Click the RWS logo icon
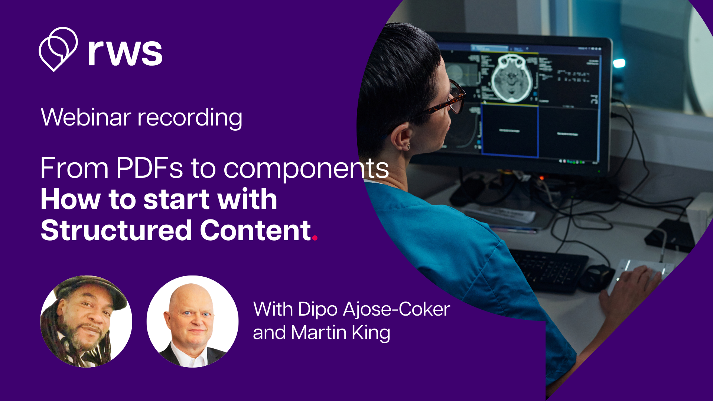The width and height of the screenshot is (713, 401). [58, 49]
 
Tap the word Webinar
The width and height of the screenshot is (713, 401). [86, 117]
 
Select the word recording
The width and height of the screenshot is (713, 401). [190, 118]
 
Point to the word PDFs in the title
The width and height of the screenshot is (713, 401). [149, 168]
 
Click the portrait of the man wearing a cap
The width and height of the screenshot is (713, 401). [86, 322]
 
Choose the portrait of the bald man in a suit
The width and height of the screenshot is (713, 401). [192, 322]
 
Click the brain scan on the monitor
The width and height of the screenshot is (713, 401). [512, 78]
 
